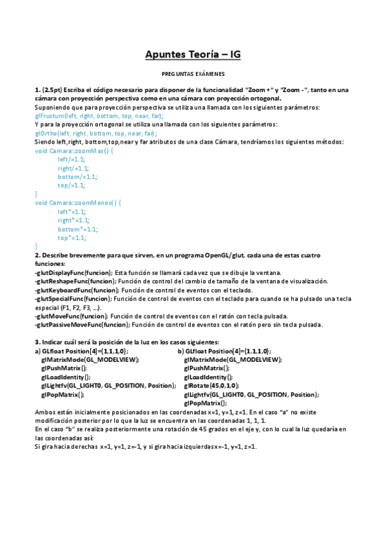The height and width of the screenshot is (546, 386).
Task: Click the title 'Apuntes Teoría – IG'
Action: [193, 55]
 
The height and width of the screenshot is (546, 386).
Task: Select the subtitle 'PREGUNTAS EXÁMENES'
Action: [193, 75]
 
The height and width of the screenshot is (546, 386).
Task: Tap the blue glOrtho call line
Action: [95, 133]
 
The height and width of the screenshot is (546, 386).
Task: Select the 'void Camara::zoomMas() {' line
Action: [74, 151]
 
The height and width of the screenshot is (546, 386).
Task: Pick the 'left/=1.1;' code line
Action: [71, 159]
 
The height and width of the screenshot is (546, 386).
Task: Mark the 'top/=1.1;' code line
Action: [71, 185]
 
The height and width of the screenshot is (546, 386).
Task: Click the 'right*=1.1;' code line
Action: [72, 220]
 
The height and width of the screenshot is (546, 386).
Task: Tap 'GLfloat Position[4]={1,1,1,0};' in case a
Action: [84, 352]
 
